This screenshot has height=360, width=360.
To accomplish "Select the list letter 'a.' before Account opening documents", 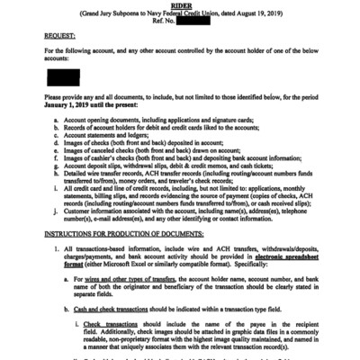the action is (58, 118).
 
